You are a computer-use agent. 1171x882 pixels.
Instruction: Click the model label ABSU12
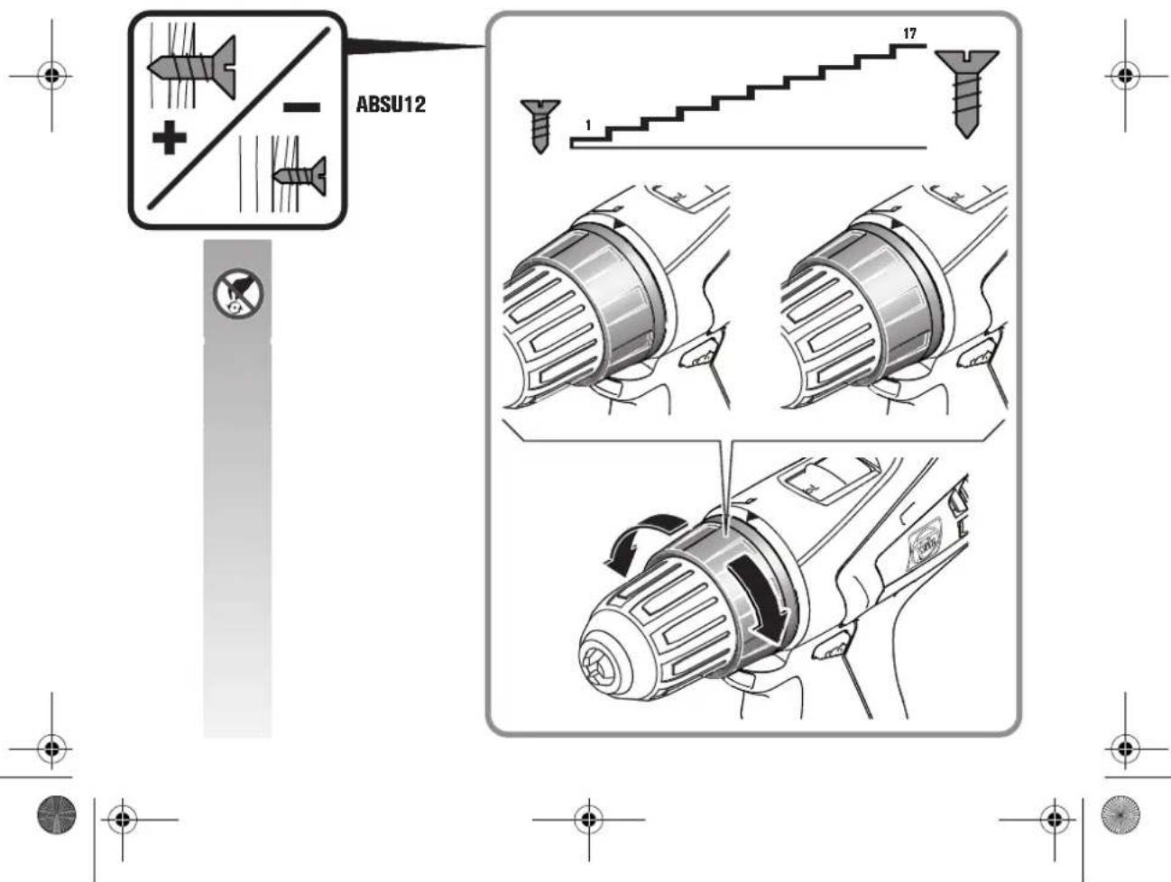click(391, 105)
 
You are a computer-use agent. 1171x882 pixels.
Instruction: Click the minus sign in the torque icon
click(301, 108)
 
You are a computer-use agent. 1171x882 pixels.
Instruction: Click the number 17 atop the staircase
click(909, 33)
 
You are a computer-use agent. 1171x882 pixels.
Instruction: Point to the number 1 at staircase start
click(588, 125)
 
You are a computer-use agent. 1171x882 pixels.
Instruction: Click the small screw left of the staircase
click(539, 125)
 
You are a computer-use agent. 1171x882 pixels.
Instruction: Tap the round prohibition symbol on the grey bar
click(236, 292)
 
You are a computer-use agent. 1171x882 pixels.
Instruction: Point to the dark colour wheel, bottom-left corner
click(55, 814)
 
